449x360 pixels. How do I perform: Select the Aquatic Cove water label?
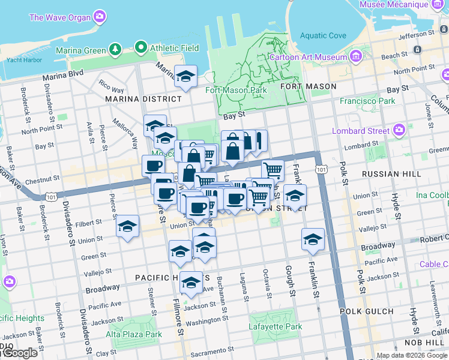tap(323, 35)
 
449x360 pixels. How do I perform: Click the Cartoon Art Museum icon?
tap(357, 57)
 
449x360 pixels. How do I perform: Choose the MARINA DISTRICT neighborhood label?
tap(143, 98)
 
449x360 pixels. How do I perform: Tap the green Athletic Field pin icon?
tap(141, 46)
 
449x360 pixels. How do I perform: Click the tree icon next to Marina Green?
tap(113, 49)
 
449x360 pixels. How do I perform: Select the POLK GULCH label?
tap(366, 311)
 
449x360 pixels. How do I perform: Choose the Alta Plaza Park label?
tap(134, 334)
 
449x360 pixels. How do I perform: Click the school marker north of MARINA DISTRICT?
tap(186, 76)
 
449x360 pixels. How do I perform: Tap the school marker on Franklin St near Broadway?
tap(313, 239)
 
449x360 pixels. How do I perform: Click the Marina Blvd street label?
tap(62, 77)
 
